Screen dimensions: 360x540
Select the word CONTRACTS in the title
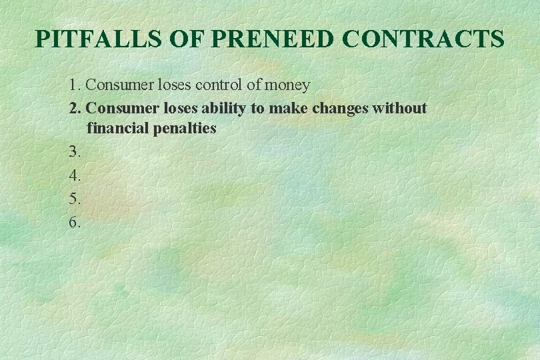pyautogui.click(x=423, y=40)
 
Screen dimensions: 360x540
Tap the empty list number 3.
pyautogui.click(x=74, y=152)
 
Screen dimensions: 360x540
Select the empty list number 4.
pyautogui.click(x=74, y=176)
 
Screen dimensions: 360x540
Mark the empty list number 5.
pyautogui.click(x=74, y=199)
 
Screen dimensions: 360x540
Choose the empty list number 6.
pyautogui.click(x=74, y=223)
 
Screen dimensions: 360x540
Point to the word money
pyautogui.click(x=287, y=86)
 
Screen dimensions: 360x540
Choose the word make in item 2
pyautogui.click(x=285, y=108)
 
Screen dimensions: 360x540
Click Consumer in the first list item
pyautogui.click(x=117, y=85)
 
